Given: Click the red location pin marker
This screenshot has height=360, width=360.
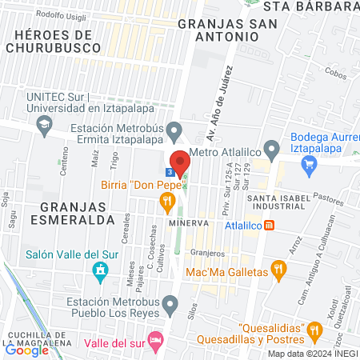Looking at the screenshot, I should click(x=181, y=160).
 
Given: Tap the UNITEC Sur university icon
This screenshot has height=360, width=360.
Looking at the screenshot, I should click(x=42, y=125).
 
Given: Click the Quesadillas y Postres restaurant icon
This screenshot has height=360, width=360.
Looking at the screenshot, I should click(x=315, y=328).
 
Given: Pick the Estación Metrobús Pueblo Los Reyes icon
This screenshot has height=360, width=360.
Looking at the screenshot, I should click(x=170, y=304).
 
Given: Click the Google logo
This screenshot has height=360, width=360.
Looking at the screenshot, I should click(x=26, y=348).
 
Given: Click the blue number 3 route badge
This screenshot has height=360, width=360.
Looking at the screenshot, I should click(x=170, y=171).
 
